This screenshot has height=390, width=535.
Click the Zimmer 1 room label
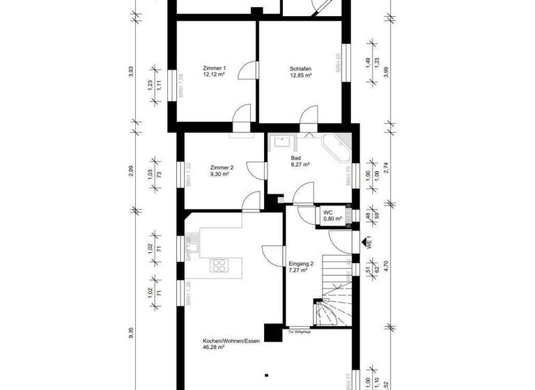pyautogui.click(x=214, y=68)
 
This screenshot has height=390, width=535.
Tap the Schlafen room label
pyautogui.click(x=300, y=68)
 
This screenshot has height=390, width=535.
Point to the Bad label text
pyautogui.click(x=296, y=159)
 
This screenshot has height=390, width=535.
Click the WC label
pyautogui.click(x=328, y=212)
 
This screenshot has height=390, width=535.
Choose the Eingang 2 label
pyautogui.click(x=302, y=263)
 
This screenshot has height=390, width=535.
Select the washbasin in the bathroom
pyautogui.click(x=282, y=142)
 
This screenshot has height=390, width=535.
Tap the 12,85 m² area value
pyautogui.click(x=300, y=75)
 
